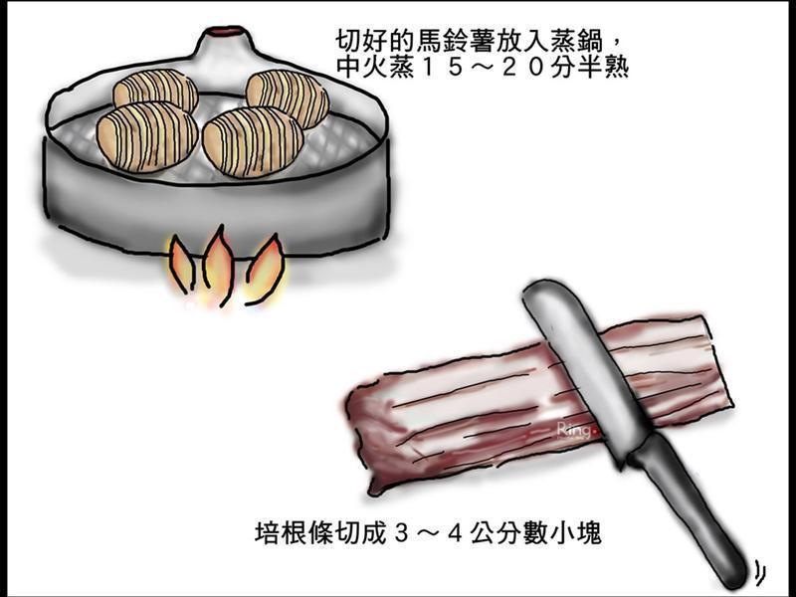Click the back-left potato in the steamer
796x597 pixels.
(156, 91)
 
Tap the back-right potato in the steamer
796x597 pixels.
(288, 97)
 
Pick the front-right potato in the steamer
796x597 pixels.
(253, 140)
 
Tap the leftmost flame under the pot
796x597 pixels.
(180, 266)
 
